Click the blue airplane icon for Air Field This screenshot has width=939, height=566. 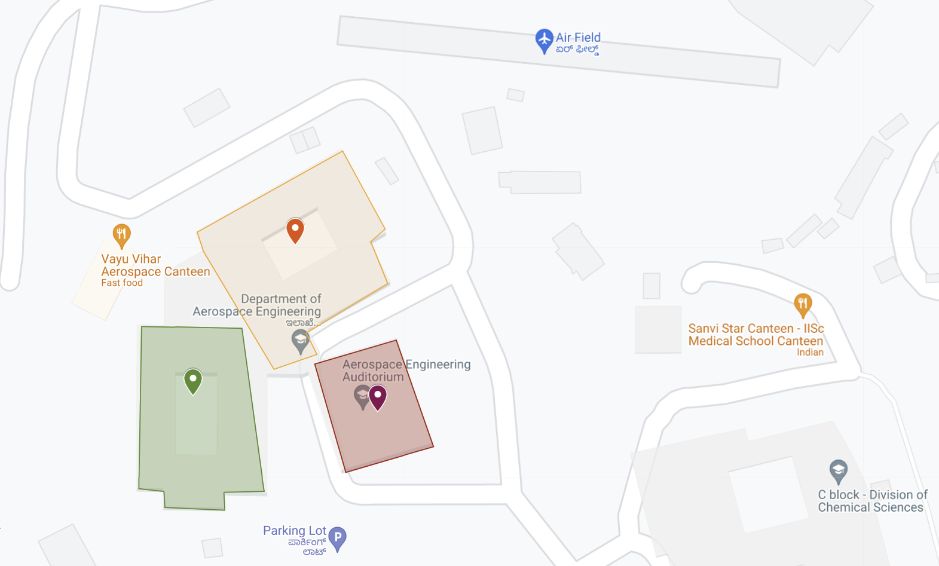[x=544, y=40]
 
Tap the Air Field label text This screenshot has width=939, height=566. [x=578, y=38]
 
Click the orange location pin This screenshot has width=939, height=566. [x=295, y=230]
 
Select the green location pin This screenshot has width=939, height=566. [x=193, y=381]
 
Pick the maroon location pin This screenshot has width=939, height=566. [x=378, y=397]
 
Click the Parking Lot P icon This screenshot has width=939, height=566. [x=338, y=538]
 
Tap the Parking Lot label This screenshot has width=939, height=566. [x=295, y=531]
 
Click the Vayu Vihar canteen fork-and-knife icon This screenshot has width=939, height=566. [x=122, y=235]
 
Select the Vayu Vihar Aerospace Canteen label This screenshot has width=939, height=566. [x=155, y=265]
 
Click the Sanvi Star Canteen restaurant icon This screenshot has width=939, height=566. [x=803, y=305]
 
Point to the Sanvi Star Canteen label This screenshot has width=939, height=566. [x=756, y=335]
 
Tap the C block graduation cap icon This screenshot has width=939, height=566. [x=839, y=471]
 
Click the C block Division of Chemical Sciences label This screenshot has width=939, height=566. [x=872, y=501]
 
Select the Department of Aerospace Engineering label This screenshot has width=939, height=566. [x=258, y=305]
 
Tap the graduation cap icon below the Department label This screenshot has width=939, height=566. [x=300, y=341]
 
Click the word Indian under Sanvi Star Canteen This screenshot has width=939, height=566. [x=810, y=353]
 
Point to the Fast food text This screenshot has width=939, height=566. [x=122, y=283]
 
